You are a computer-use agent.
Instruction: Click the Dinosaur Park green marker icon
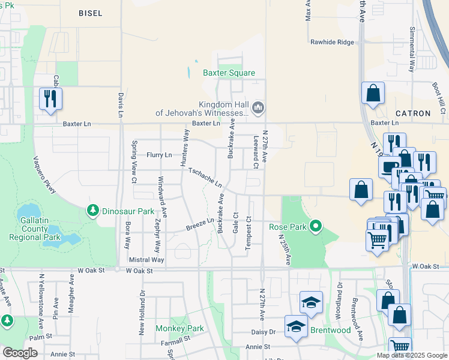point(92,210)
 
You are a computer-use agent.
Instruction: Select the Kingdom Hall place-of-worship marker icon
point(259,108)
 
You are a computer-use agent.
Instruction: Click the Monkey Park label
point(179,328)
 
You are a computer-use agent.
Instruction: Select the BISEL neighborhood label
point(91,13)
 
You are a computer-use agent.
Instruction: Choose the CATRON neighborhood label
point(413,113)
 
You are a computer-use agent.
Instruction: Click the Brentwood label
point(330,331)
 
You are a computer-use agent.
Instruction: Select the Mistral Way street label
point(146,260)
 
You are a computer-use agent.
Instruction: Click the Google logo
point(20,353)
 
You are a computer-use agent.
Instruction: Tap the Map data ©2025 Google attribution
point(411,355)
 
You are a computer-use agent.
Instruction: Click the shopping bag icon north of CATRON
point(373,93)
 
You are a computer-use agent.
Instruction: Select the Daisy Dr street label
point(263,331)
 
